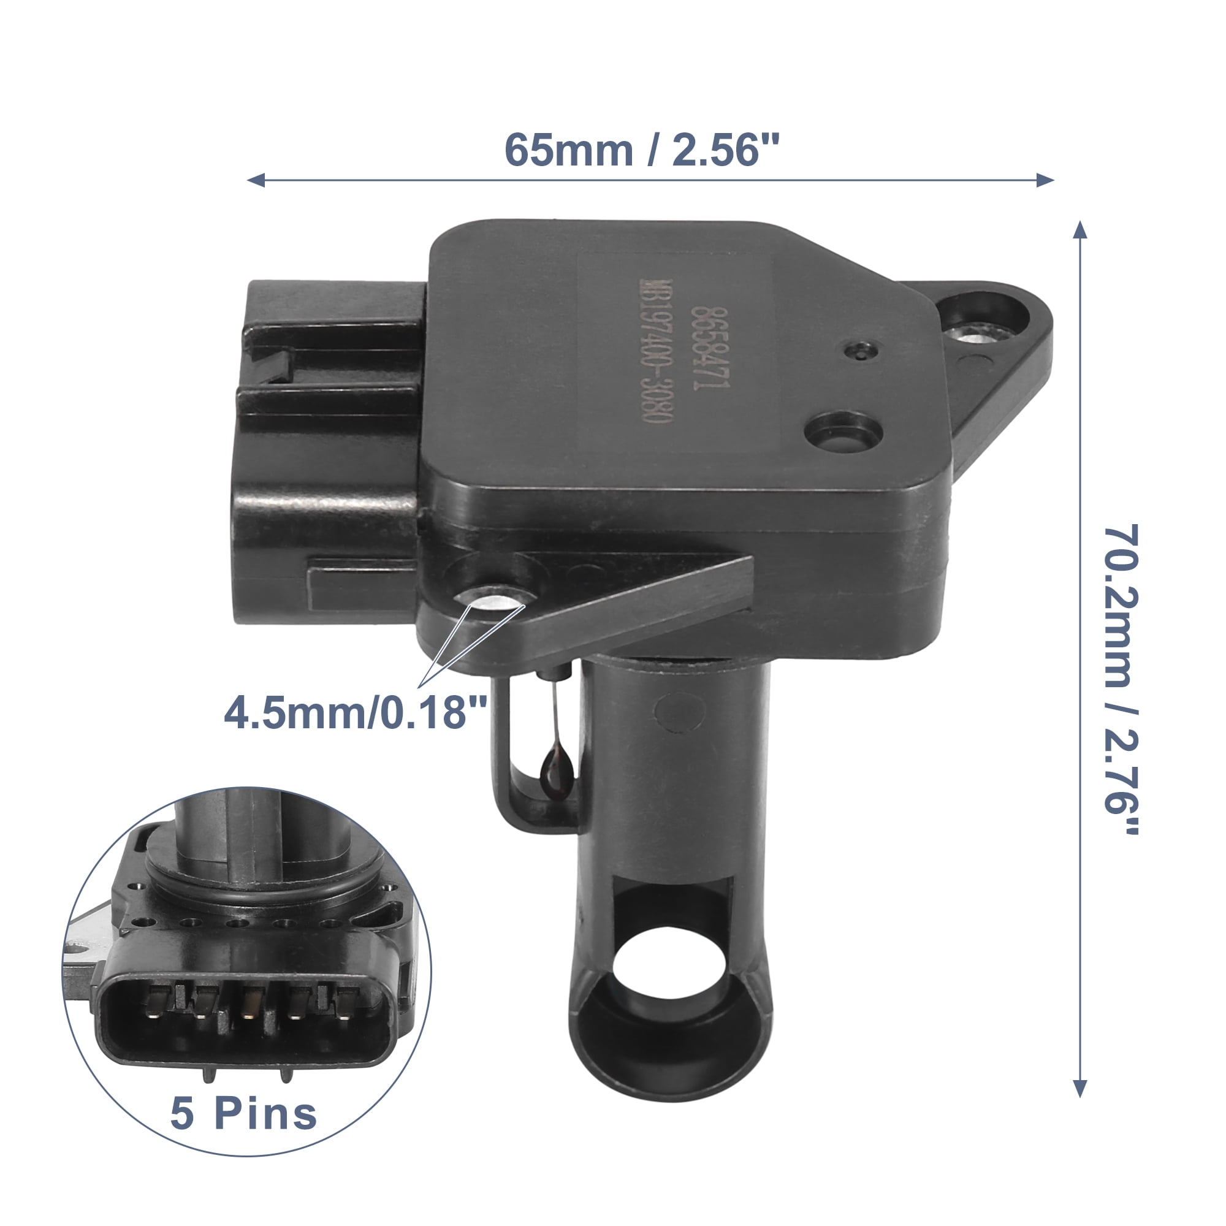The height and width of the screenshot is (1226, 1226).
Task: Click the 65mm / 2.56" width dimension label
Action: [x=641, y=151]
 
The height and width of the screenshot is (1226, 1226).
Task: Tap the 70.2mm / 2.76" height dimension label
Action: [x=1121, y=679]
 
